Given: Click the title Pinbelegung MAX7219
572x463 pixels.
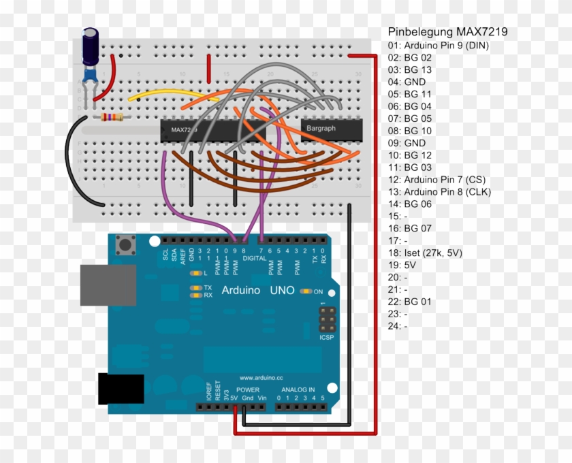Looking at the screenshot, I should coord(447,32).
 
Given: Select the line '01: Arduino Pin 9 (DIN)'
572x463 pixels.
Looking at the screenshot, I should coord(439,46).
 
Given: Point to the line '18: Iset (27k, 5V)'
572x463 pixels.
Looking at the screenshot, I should coord(425,253).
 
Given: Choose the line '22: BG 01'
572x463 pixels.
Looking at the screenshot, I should coord(409,302).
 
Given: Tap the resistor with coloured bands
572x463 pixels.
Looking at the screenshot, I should coord(112,118).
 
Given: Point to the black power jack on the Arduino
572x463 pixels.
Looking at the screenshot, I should coord(121,389).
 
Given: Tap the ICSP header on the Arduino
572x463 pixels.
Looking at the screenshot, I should coord(327,319).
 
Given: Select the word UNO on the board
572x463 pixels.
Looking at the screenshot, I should coord(281,291).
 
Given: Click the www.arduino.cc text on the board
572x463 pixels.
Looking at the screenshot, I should coord(260,377).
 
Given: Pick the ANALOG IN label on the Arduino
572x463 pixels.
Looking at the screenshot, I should coord(298,390).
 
